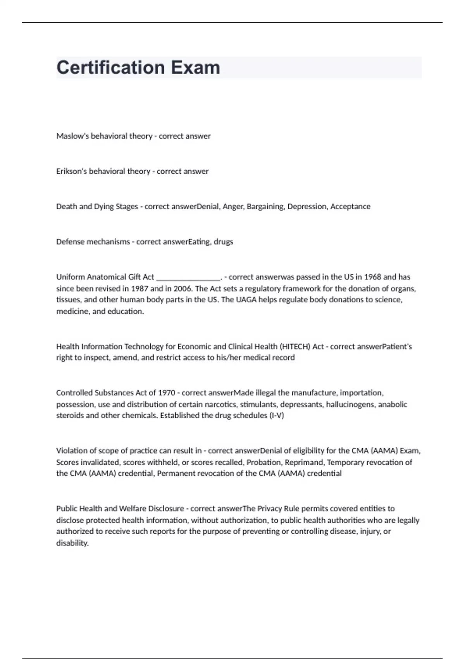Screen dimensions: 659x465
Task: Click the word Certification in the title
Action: coord(111,67)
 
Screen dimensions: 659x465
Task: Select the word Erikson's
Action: coord(72,171)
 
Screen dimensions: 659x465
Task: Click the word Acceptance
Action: coord(350,207)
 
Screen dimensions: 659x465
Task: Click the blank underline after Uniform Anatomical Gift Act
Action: coord(188,278)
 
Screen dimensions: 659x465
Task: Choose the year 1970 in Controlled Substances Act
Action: coord(167,393)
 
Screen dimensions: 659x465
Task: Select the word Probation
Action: coord(263,462)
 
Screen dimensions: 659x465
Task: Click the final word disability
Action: coord(72,543)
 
